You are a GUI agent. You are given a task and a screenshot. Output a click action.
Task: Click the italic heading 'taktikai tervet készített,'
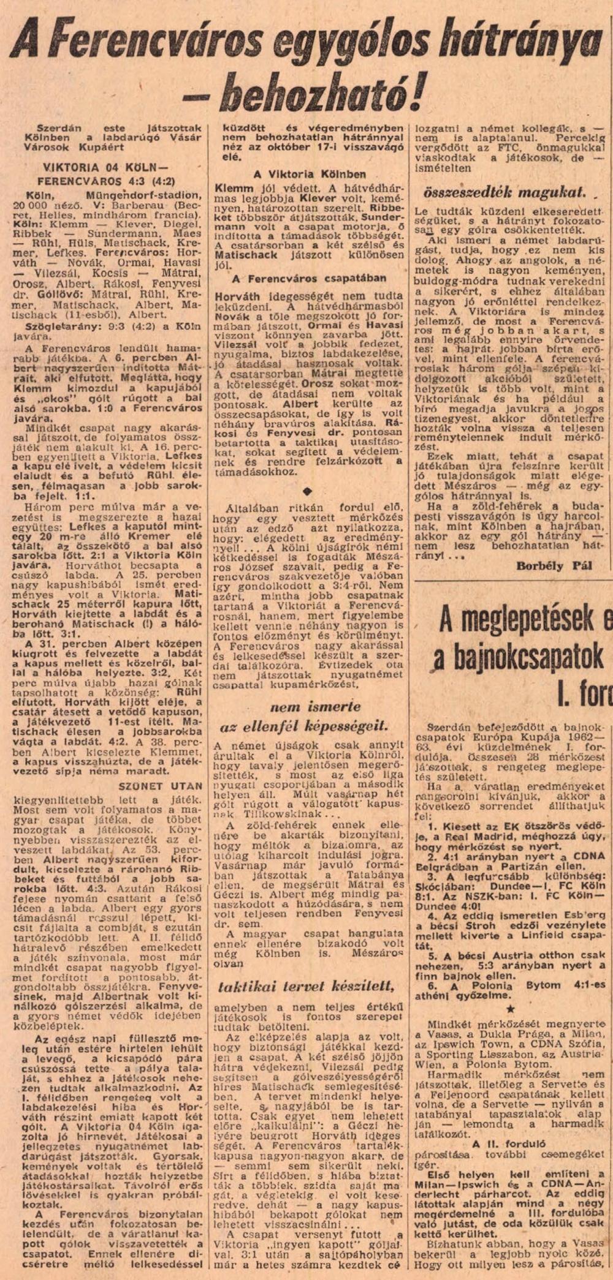tap(305, 985)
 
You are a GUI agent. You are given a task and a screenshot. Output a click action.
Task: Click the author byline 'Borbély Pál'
tap(554, 566)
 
